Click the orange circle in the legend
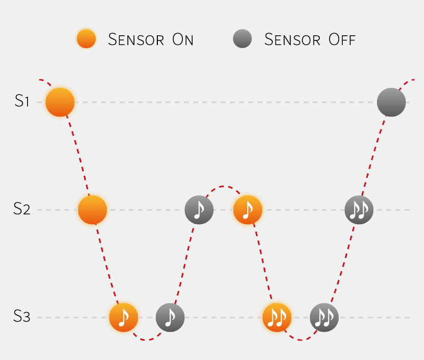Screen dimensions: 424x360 click(x=86, y=39)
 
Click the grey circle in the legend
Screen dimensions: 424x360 click(x=242, y=39)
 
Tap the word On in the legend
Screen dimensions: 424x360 click(x=183, y=39)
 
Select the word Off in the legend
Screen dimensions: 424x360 click(x=342, y=39)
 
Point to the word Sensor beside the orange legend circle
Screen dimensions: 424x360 click(x=136, y=39)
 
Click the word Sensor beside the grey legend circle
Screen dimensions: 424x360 click(x=292, y=39)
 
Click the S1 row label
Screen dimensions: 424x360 click(x=21, y=101)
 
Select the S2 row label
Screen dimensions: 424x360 click(x=21, y=209)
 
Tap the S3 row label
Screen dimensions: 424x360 click(x=21, y=316)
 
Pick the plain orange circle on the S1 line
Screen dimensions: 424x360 click(x=60, y=102)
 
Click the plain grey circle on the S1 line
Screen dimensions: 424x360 click(x=391, y=102)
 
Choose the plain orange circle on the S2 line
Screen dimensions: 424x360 click(x=92, y=210)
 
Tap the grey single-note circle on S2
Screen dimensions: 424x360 click(x=199, y=210)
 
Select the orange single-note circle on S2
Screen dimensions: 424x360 click(x=248, y=210)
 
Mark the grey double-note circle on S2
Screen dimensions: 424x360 click(x=359, y=210)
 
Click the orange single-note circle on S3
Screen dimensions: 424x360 click(x=124, y=318)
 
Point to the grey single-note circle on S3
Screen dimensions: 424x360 click(x=170, y=318)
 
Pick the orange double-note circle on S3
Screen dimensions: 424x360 click(x=277, y=318)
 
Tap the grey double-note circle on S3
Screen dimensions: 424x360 click(x=324, y=318)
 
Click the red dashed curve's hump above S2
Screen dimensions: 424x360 click(x=223, y=187)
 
